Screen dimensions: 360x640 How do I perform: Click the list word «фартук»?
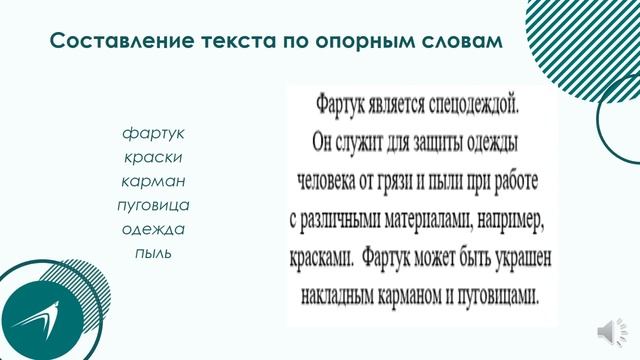pos(153,133)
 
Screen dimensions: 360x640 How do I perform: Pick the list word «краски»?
pos(153,157)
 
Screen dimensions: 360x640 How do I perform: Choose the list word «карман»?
pos(153,181)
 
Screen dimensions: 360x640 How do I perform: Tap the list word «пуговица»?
pos(153,205)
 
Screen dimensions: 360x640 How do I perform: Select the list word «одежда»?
pos(153,229)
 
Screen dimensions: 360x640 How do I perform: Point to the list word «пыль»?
pos(153,253)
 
